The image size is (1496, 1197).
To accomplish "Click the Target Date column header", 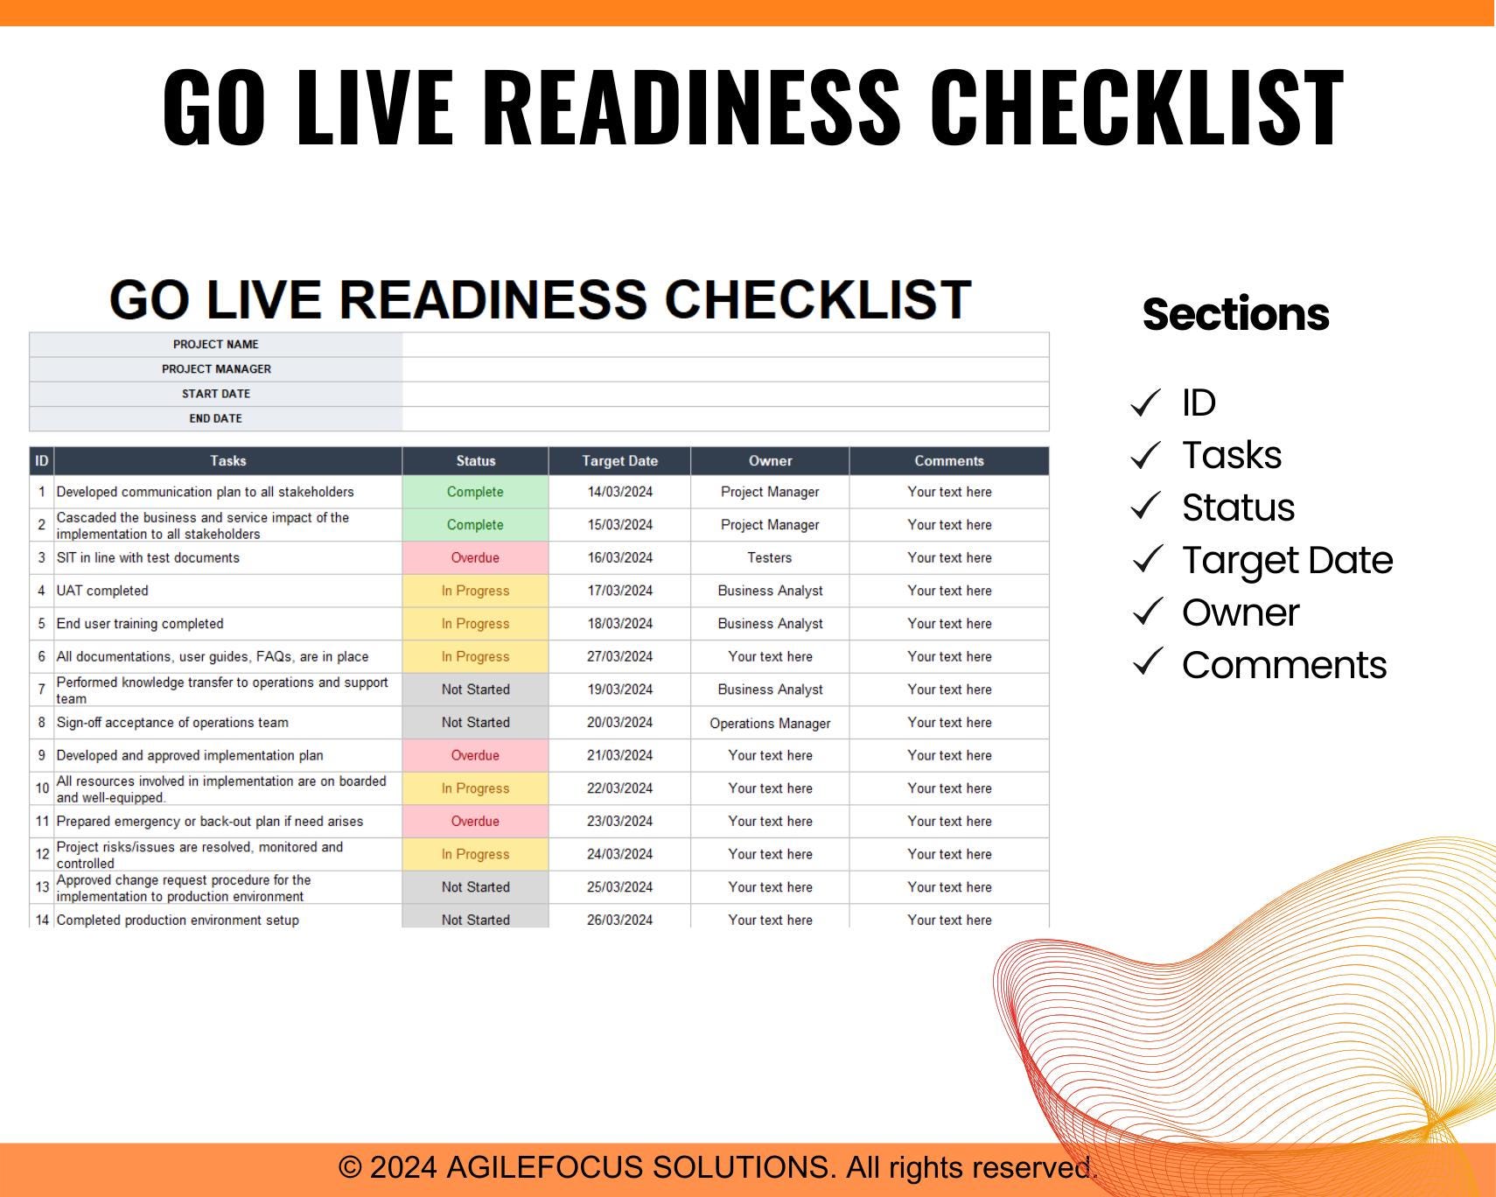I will click(x=619, y=461).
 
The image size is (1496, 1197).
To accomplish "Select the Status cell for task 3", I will click(x=475, y=558).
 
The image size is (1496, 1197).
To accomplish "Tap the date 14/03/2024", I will click(x=619, y=492).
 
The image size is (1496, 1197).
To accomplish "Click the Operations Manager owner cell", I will click(x=770, y=724).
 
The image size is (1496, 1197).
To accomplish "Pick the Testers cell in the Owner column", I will click(x=770, y=558).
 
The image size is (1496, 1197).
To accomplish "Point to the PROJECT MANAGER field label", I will click(x=216, y=369).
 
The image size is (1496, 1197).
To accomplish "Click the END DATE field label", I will click(x=216, y=418).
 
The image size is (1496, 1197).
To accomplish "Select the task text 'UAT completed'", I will click(x=102, y=591).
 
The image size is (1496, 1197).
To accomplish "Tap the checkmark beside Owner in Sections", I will click(x=1146, y=612).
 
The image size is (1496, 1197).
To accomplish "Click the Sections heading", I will click(x=1235, y=314).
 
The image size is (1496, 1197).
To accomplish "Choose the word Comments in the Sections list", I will click(x=1284, y=665).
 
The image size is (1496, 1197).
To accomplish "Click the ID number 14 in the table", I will click(x=42, y=920).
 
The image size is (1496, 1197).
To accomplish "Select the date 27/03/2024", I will click(x=619, y=656).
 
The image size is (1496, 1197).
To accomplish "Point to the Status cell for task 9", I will click(x=475, y=755).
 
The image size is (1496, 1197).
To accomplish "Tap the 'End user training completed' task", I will click(x=140, y=624).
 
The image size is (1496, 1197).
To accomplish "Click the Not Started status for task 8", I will click(x=475, y=723).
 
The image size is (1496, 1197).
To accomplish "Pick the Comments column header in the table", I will click(x=949, y=461).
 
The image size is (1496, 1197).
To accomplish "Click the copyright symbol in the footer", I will click(x=350, y=1167).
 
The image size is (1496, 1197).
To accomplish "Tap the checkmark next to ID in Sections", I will click(x=1146, y=402).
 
